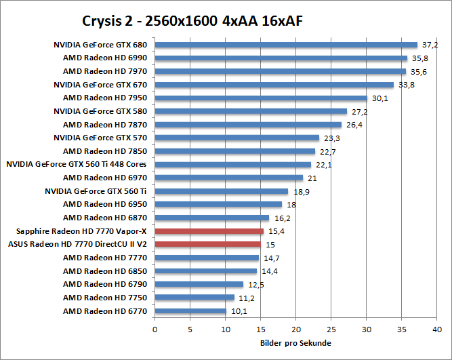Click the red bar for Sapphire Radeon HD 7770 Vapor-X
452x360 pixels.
209,231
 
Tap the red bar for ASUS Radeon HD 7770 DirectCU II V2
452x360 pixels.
207,245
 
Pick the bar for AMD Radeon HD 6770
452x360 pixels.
190,311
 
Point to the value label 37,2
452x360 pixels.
430,45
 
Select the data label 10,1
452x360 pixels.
239,311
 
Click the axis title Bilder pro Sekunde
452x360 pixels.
295,344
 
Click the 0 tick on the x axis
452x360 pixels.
155,329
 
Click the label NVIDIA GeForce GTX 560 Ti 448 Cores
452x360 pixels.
76,164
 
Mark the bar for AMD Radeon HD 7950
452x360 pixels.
261,98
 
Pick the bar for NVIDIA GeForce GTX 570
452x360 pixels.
237,138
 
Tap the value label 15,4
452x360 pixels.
275,231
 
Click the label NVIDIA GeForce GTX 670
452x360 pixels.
100,85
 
